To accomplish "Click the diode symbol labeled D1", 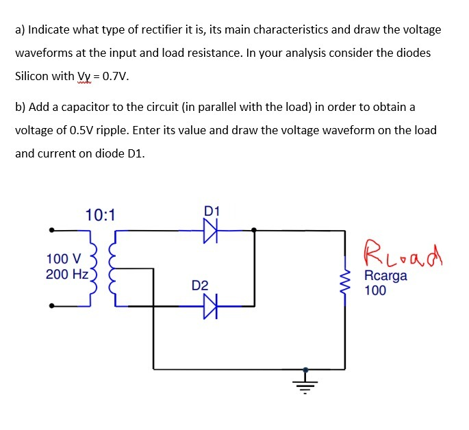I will coord(210,231).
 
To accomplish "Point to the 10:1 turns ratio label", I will coord(101,215).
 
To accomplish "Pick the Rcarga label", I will coord(385,276).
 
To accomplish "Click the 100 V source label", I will coord(63,259).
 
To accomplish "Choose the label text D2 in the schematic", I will coord(199,285).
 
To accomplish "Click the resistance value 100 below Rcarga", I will coord(375,290).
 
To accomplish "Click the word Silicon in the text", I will coord(34,75).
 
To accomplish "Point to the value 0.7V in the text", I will coord(113,75).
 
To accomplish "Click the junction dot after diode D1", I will coord(255,231).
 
